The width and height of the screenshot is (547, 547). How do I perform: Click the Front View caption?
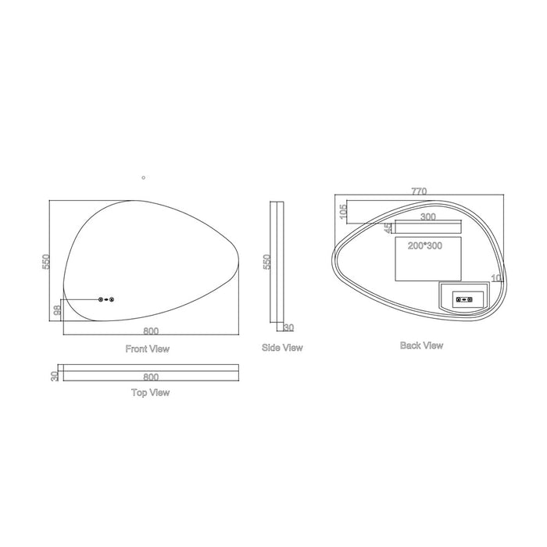[148, 349]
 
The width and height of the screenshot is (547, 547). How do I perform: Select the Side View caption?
[282, 348]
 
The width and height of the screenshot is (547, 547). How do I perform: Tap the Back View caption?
[421, 345]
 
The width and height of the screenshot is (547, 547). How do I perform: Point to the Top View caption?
[150, 392]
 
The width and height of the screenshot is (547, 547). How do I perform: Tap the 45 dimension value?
[388, 227]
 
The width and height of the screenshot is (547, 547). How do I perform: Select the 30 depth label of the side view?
[288, 328]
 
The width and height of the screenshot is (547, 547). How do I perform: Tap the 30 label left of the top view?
[55, 376]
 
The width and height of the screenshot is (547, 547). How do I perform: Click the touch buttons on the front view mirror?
[107, 299]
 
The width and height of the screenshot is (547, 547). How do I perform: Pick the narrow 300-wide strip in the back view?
[428, 227]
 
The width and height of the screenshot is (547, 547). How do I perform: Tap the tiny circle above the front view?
[143, 177]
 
